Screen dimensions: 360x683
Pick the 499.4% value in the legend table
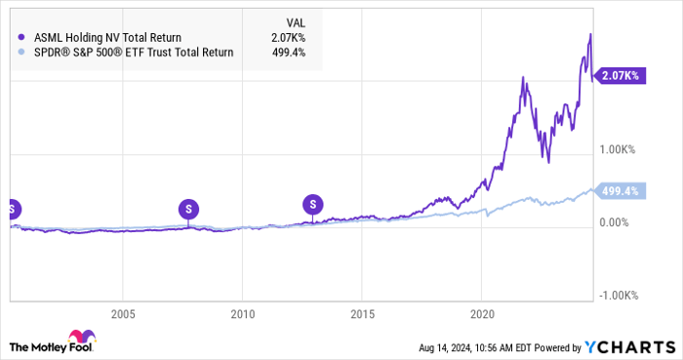tap(290, 53)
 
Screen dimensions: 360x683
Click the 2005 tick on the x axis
tap(122, 313)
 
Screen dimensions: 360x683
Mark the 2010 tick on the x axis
tap(242, 313)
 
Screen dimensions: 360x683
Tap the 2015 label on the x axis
tap(362, 313)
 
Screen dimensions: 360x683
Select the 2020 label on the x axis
tap(482, 313)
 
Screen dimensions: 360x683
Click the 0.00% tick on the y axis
tap(620, 222)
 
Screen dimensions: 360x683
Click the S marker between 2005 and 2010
tap(188, 208)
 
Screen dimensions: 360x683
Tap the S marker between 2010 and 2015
tap(313, 203)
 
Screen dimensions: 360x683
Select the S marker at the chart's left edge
tap(12, 208)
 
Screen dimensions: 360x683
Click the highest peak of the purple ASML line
tap(589, 35)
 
